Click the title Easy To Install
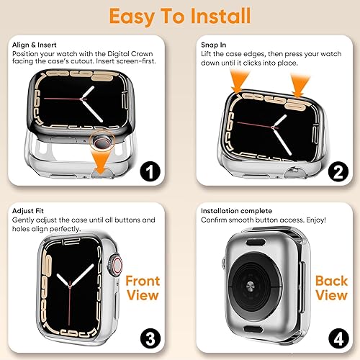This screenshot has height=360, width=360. [x=180, y=16]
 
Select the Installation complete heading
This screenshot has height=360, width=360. [x=230, y=209]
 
